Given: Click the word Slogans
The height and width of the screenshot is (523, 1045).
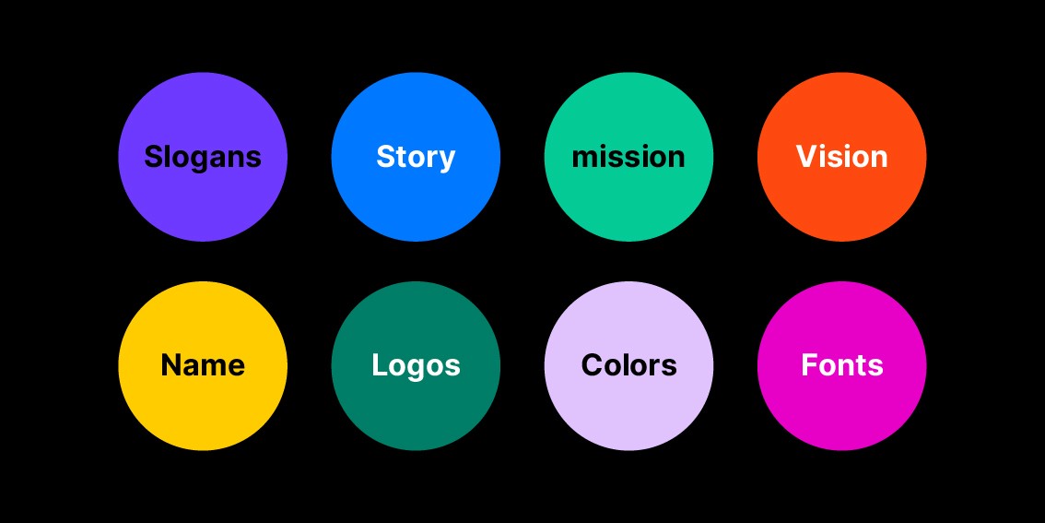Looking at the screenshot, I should [203, 157].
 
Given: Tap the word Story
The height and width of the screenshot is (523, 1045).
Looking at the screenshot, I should [416, 157].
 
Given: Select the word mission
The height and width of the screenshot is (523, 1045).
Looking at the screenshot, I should [628, 157].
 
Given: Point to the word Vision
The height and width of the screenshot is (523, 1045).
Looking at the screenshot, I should [841, 156].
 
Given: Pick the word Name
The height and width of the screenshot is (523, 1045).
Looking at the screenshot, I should [203, 365].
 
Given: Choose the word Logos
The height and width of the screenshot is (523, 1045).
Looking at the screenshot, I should [416, 365].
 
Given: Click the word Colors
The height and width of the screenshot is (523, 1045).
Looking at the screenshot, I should [628, 365].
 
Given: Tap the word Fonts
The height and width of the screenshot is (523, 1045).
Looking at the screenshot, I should [841, 365].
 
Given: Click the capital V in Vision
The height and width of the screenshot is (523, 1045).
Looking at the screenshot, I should [806, 156].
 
